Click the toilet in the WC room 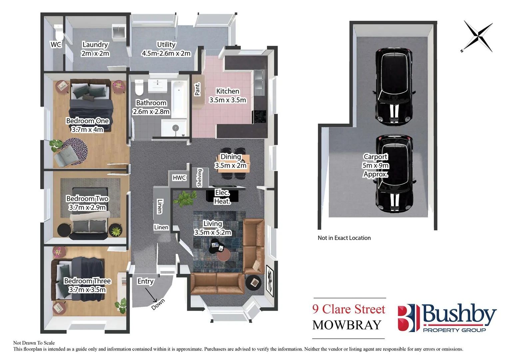pos(59,32)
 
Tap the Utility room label pos(166,45)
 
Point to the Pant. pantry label pos(198,89)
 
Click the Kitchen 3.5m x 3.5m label pos(228,96)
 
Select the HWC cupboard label pos(179,178)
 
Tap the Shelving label pos(200,178)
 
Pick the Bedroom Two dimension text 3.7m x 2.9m pos(87,207)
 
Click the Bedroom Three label pos(87,281)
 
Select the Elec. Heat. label pos(222,197)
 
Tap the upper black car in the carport pos(394,87)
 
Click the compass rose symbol pos(478,36)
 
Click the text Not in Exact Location pos(344,238)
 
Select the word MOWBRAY pos(347,325)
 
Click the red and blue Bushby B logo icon pos(408,317)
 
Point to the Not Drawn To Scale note pos(34,343)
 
